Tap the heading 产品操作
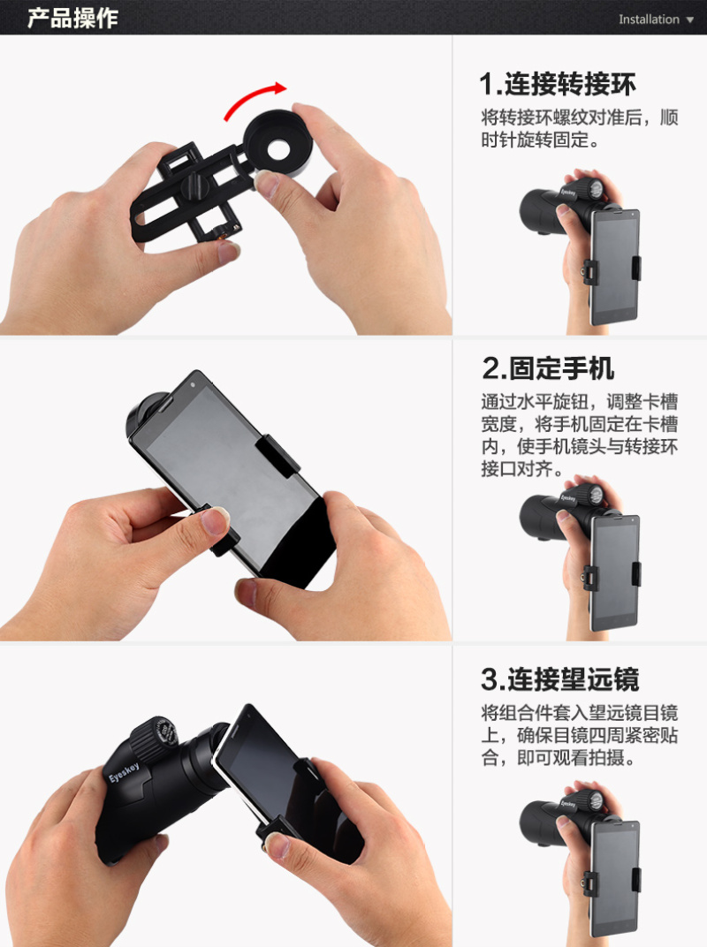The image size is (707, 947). click(72, 19)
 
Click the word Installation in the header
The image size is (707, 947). click(649, 19)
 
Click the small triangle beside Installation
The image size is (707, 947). click(690, 20)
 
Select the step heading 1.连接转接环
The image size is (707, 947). click(557, 84)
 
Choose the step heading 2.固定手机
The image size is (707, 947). click(547, 367)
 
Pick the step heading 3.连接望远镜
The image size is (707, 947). click(559, 678)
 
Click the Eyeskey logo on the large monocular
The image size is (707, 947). click(124, 772)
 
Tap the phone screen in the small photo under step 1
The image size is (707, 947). click(613, 267)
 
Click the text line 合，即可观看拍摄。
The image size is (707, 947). click(559, 757)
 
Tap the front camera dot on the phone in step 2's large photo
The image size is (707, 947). click(193, 384)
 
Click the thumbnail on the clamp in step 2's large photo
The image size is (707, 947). click(215, 522)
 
